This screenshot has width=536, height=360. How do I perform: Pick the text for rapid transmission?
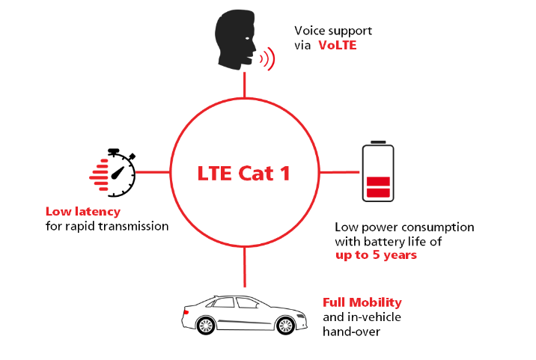point(107,225)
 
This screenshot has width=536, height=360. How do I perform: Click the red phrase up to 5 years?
point(376,254)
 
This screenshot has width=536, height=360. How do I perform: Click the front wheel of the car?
point(285,326)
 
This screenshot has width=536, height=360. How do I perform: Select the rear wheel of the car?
point(206,326)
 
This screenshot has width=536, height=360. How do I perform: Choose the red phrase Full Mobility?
point(362,302)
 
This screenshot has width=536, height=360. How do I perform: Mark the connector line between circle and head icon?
point(244,85)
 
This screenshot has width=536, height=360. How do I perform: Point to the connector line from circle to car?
point(244,267)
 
